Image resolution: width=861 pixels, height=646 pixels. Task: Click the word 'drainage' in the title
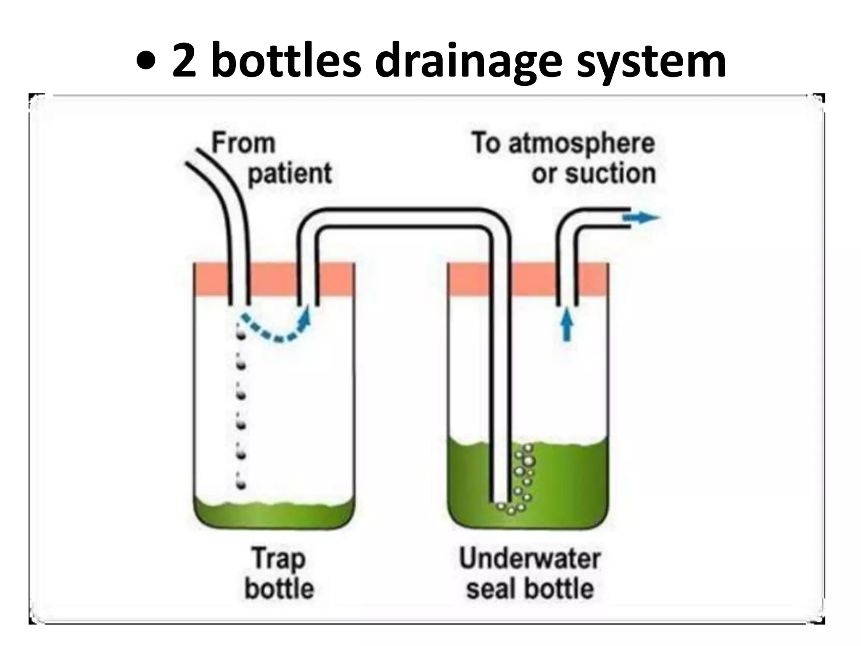point(468,62)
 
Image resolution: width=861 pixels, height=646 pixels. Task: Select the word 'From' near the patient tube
point(243,143)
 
